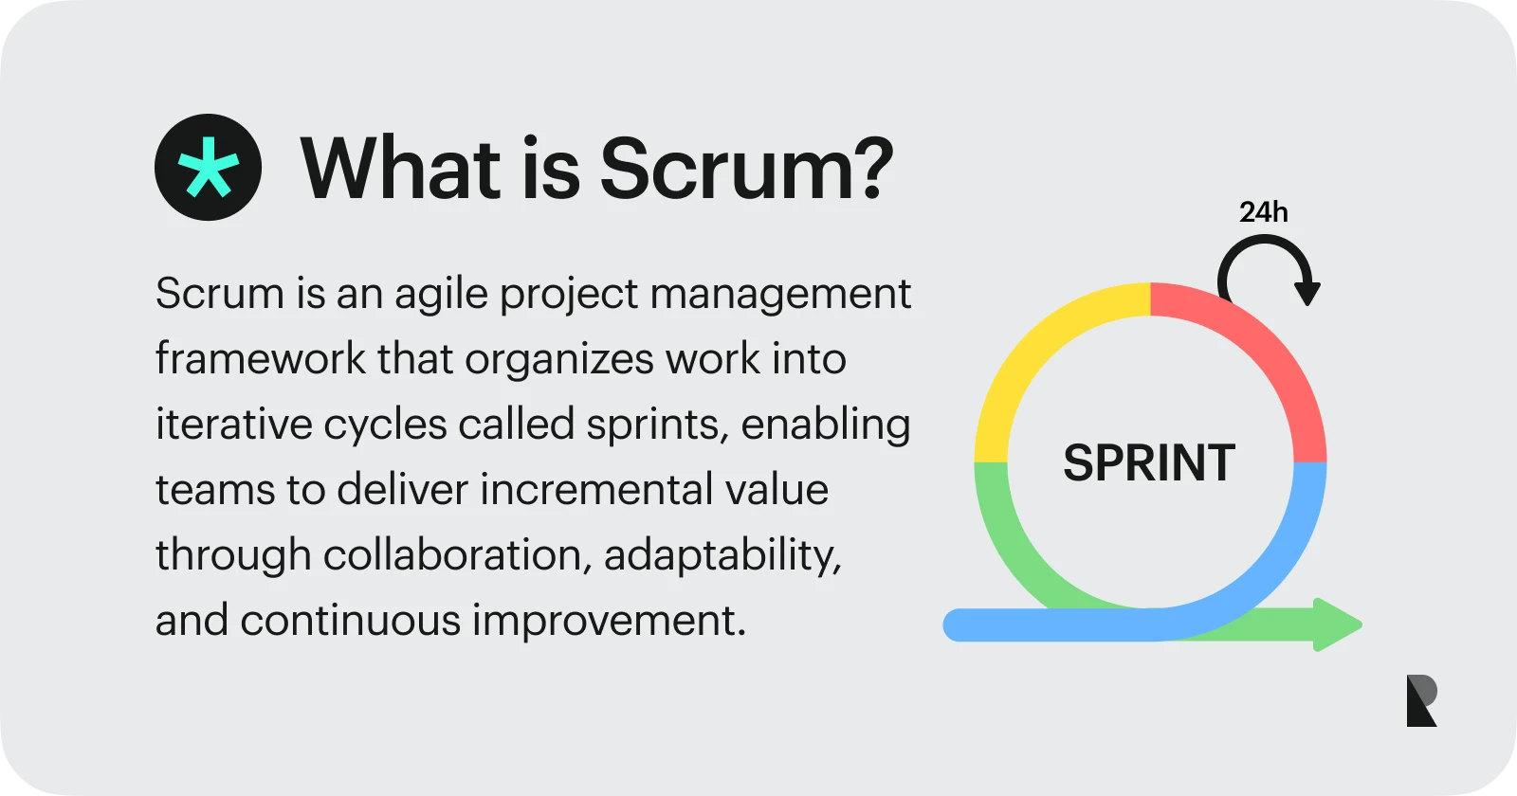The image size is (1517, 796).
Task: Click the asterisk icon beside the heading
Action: pos(209,168)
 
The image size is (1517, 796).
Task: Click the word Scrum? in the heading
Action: pos(746,169)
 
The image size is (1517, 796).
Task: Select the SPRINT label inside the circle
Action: pos(1148,463)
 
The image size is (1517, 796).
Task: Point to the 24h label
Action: pos(1263,212)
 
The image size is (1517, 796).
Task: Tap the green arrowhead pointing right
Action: pos(1337,624)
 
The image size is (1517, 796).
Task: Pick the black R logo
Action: pos(1421,700)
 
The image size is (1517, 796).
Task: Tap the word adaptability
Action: pos(722,556)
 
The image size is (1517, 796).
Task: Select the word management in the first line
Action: pos(780,295)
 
